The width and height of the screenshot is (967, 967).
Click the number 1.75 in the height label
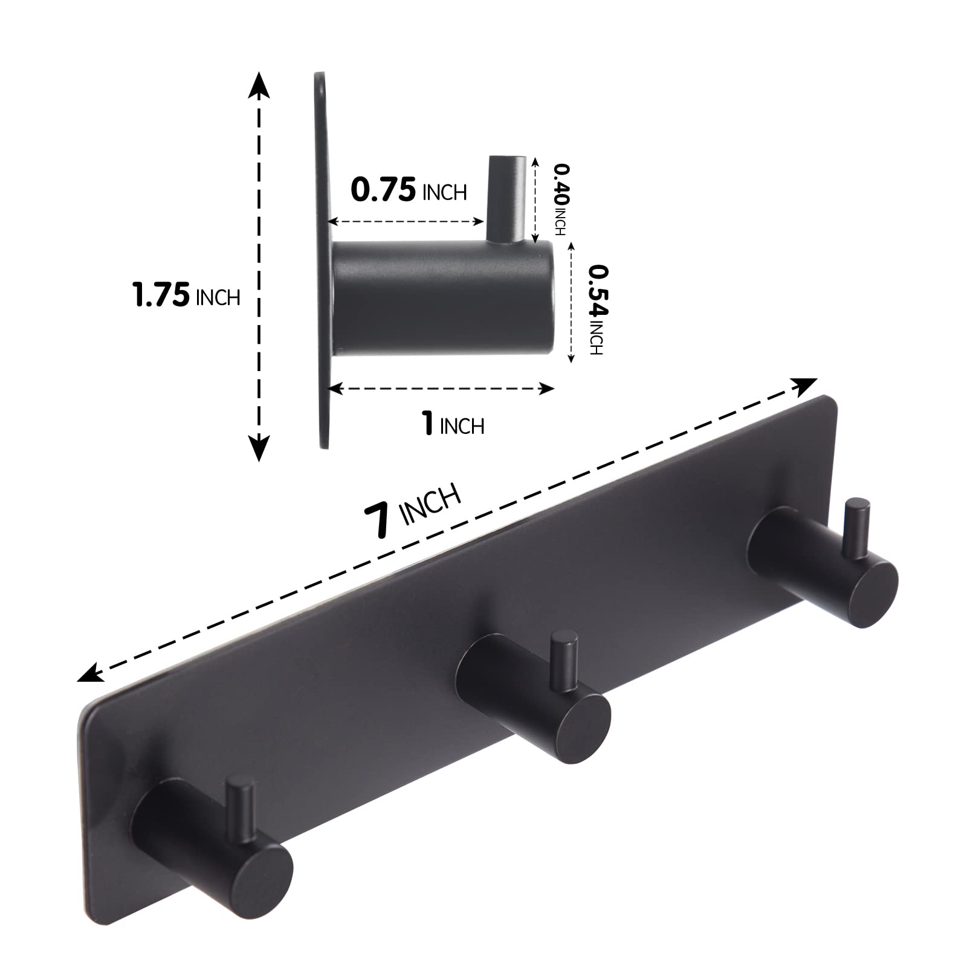click(x=160, y=296)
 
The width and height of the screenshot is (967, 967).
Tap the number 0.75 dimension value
click(x=383, y=190)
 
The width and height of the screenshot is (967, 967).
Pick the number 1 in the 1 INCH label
click(x=428, y=423)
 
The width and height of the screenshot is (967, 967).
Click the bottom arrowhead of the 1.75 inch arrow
click(x=259, y=449)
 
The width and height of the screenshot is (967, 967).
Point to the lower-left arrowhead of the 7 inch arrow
click(x=89, y=673)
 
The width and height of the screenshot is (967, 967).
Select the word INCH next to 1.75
click(x=218, y=297)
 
